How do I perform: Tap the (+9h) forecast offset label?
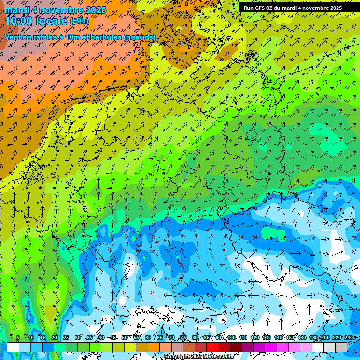pos(79,21)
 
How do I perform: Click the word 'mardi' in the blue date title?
pos(15,9)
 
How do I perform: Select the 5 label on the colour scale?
pos(18,337)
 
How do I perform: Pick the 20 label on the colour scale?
pos(54,337)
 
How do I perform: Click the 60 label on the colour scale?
pos(148,337)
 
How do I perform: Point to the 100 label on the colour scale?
pos(232,337)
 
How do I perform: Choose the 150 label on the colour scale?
pos(290,337)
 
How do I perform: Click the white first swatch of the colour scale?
pos(13,347)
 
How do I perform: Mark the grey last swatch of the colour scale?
pos(341,347)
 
